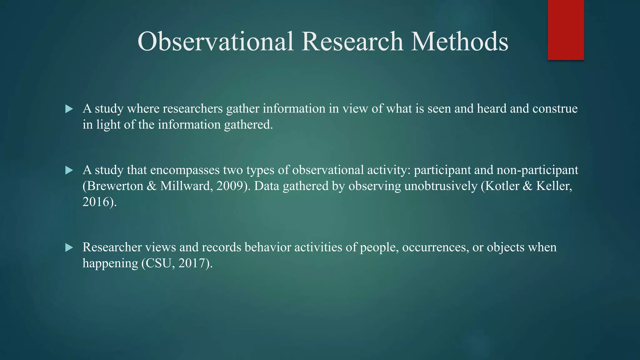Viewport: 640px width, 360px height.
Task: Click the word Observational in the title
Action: [216, 42]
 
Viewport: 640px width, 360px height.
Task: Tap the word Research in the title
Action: [352, 42]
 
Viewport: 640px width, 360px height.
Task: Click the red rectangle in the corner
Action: [566, 30]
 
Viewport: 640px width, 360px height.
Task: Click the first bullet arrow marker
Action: [69, 109]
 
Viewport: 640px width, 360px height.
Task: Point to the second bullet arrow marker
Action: [69, 170]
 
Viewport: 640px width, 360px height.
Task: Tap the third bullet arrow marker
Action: [69, 248]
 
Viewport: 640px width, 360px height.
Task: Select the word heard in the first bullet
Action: [492, 109]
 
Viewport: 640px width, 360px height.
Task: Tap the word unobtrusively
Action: [441, 186]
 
